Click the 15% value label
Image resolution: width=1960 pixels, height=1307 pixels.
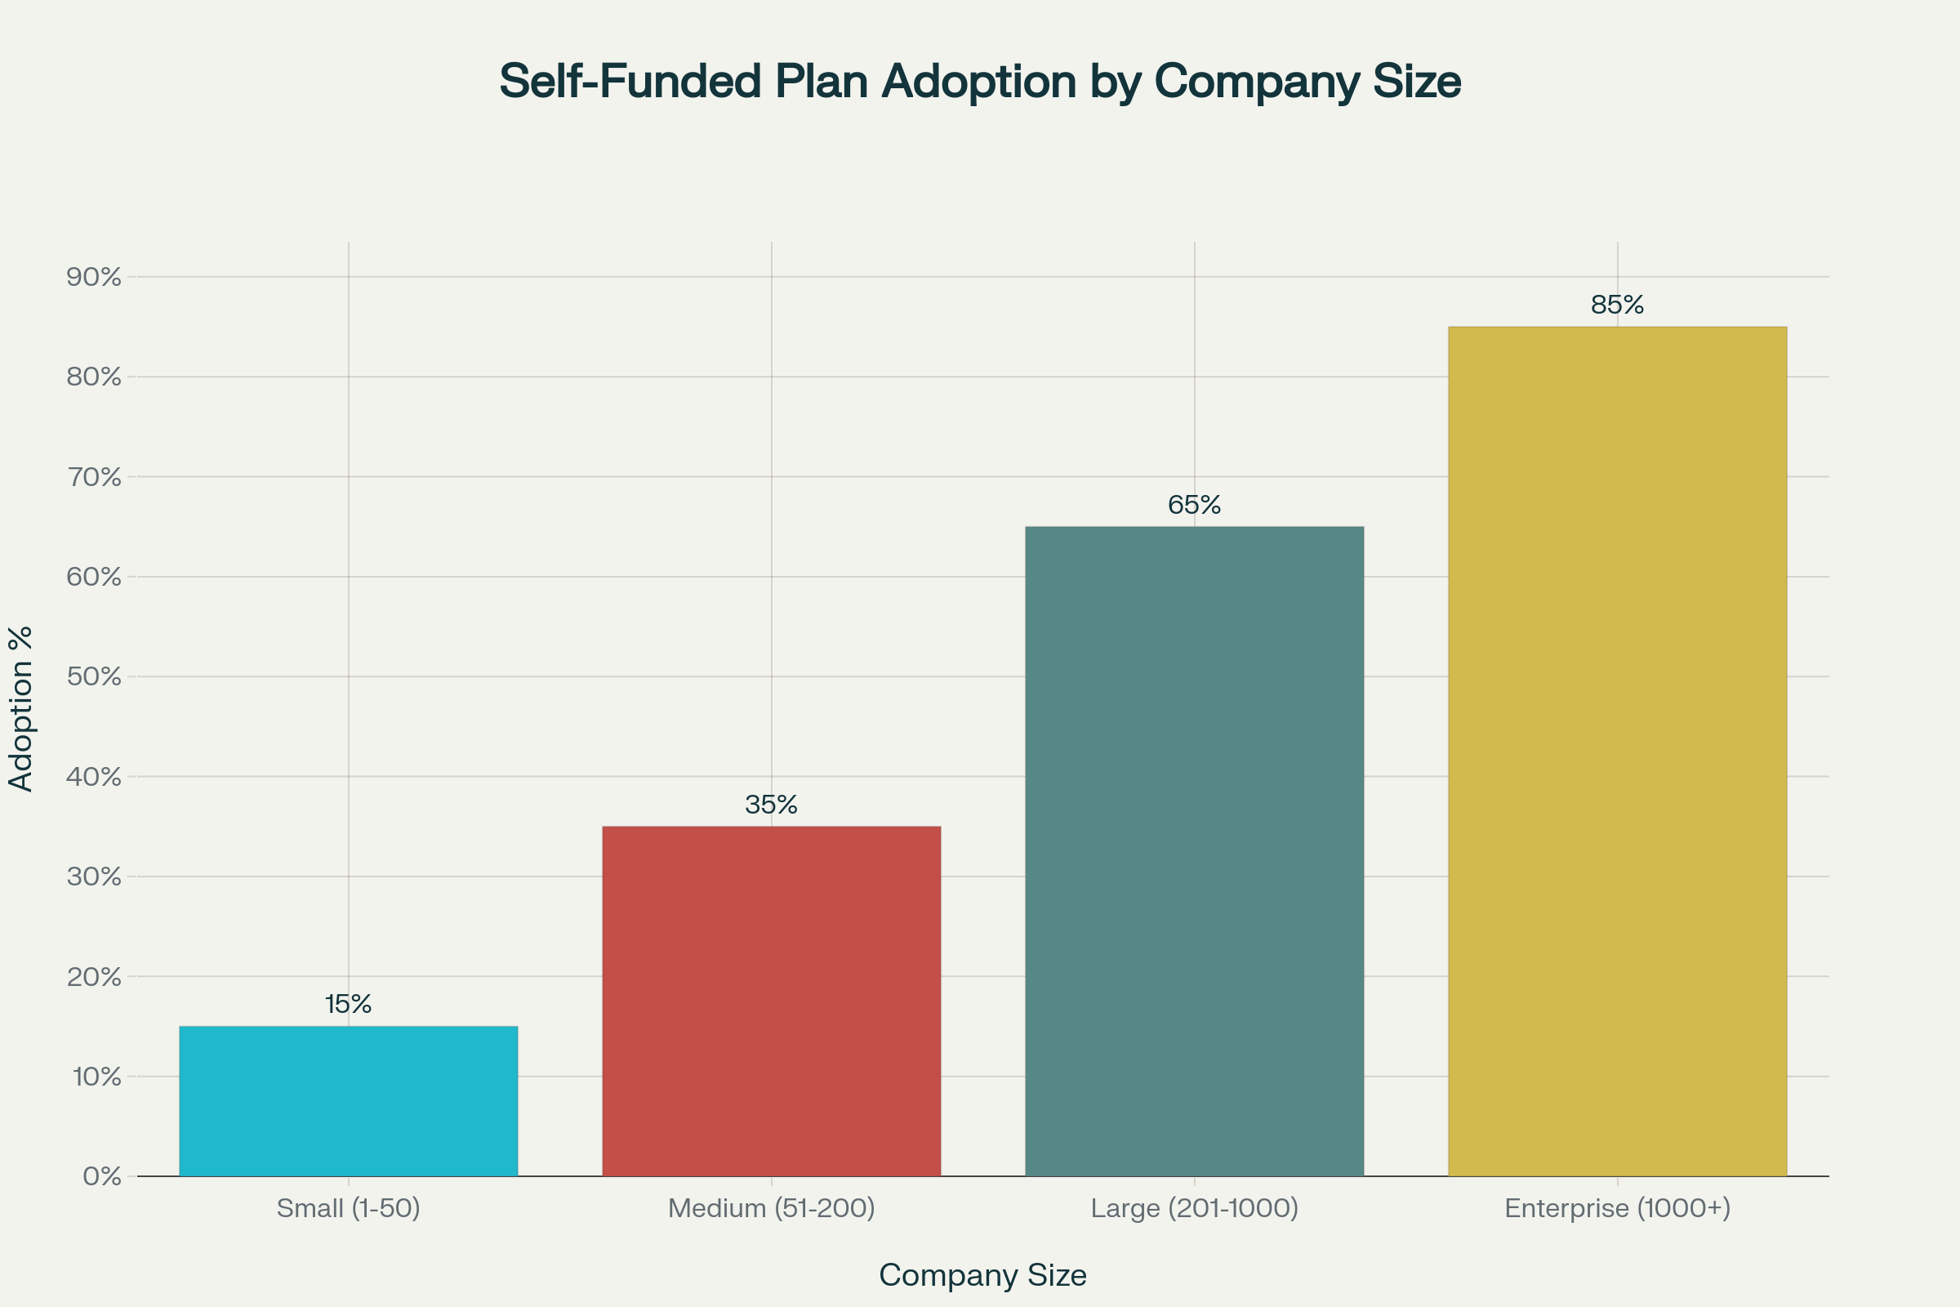(349, 1005)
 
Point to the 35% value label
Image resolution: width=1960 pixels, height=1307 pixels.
(771, 805)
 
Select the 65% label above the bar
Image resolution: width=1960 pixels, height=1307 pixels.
(1194, 505)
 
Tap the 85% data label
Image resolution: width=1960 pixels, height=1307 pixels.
(1617, 305)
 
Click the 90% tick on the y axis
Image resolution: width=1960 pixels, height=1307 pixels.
(94, 277)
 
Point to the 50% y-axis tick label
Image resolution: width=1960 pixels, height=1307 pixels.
(94, 676)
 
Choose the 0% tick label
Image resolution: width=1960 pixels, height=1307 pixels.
(101, 1176)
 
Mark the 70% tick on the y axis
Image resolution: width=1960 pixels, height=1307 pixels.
(94, 477)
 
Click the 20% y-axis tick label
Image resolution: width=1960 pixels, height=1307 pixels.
(94, 976)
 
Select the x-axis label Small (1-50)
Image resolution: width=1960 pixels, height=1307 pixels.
(349, 1208)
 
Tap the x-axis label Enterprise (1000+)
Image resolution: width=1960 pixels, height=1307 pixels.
(1617, 1208)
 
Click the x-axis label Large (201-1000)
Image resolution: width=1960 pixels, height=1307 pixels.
(1194, 1208)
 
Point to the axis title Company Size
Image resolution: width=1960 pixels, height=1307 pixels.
(982, 1275)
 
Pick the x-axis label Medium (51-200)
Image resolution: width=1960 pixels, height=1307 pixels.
(771, 1208)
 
